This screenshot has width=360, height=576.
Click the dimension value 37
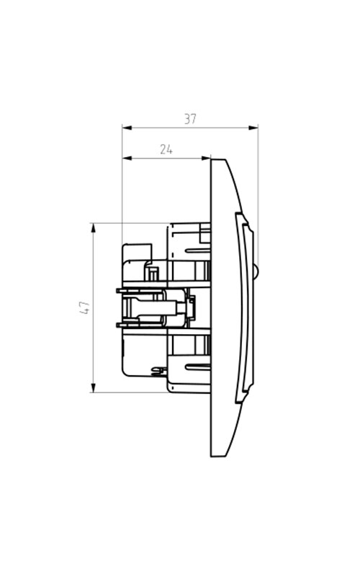click(190, 119)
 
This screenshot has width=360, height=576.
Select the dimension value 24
click(166, 150)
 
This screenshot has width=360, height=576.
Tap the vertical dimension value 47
click(84, 307)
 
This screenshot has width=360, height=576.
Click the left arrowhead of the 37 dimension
click(127, 128)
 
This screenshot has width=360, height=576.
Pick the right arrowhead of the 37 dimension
click(253, 128)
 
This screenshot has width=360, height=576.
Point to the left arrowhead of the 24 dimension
click(127, 158)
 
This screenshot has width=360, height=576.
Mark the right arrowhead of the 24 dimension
click(206, 158)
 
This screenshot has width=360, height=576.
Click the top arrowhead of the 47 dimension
click(94, 228)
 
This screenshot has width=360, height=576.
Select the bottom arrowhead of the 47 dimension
click(94, 387)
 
